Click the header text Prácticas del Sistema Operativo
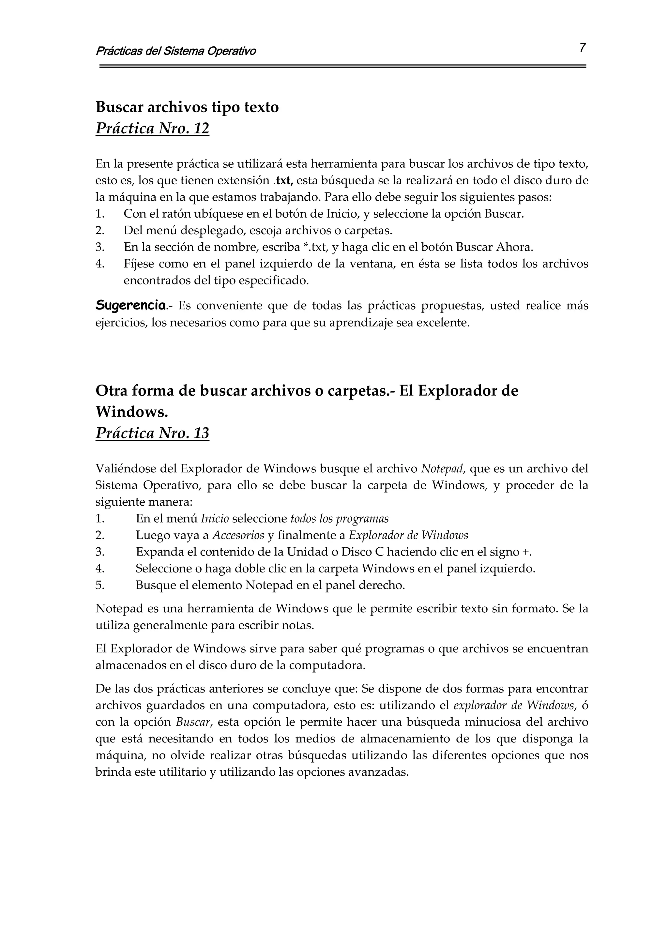[176, 51]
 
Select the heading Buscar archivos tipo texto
[187, 107]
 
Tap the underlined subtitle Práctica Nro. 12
[152, 129]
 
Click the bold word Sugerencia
[130, 305]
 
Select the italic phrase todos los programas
[340, 519]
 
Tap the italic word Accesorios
[238, 536]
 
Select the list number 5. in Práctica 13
[100, 585]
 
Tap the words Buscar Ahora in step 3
[494, 247]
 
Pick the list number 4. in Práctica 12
[100, 264]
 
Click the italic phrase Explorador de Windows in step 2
[408, 536]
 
